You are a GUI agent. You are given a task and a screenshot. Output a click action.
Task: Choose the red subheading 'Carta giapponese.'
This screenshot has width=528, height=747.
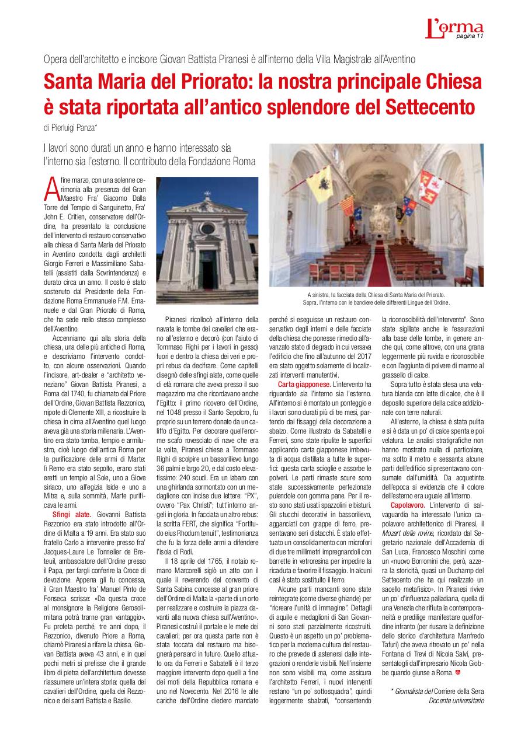coord(304,385)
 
